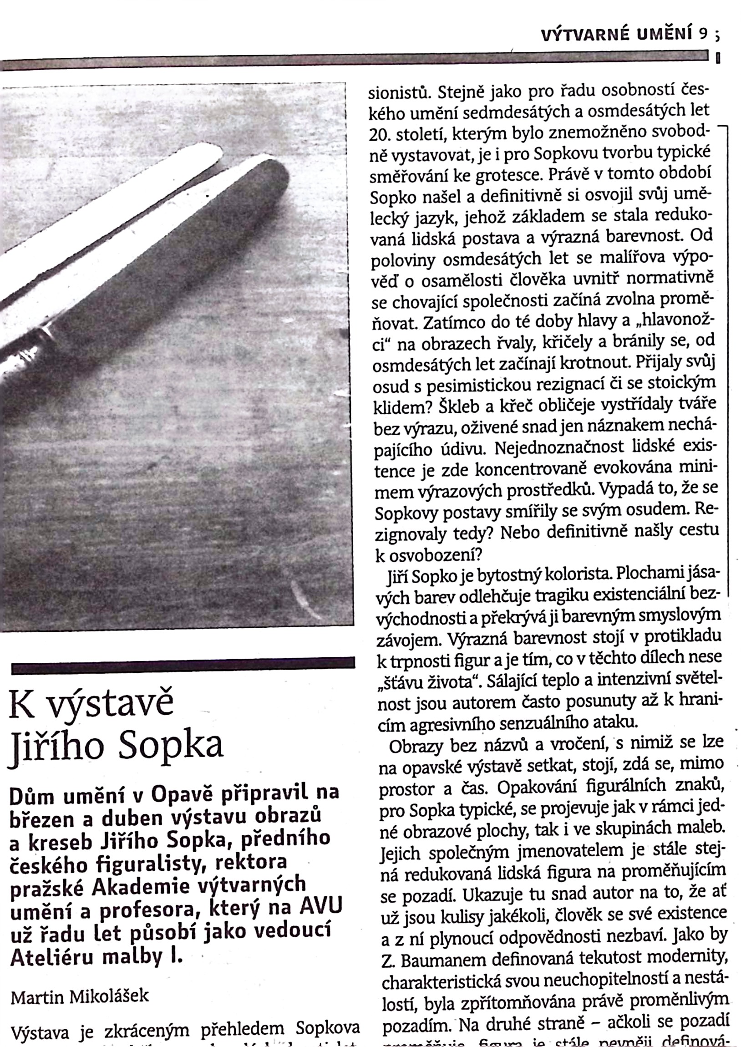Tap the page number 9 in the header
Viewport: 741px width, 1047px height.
pyautogui.click(x=702, y=35)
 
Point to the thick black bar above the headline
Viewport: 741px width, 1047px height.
pyautogui.click(x=183, y=666)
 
